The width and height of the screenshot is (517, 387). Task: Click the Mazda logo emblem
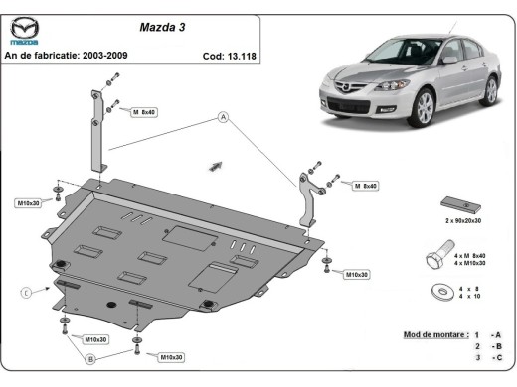click(26, 31)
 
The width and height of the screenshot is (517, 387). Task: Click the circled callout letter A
click(225, 118)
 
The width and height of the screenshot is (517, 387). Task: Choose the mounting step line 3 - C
click(490, 356)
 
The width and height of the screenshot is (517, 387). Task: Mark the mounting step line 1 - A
click(490, 336)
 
